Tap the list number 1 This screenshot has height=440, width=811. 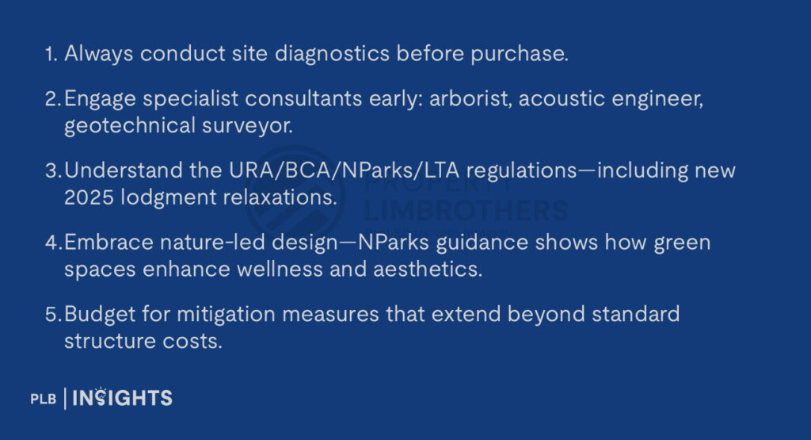pos(51,54)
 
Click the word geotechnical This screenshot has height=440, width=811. pos(130,126)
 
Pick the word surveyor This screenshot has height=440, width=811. pos(247,126)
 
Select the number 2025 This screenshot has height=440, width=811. pos(89,197)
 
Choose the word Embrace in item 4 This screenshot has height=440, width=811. pos(109,243)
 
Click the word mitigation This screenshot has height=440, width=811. pos(226,315)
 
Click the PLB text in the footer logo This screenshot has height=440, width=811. pos(44,399)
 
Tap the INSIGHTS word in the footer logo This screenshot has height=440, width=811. pos(122,398)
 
